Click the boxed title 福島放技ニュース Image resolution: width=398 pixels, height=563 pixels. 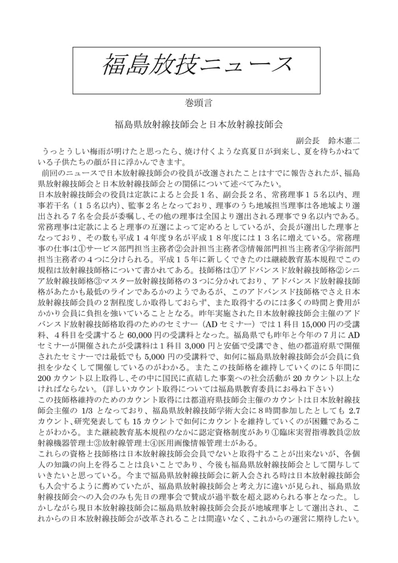click(197, 65)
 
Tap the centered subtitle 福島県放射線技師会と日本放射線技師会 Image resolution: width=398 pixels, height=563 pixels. click(198, 125)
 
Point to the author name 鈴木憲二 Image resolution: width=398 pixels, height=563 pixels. click(344, 141)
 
